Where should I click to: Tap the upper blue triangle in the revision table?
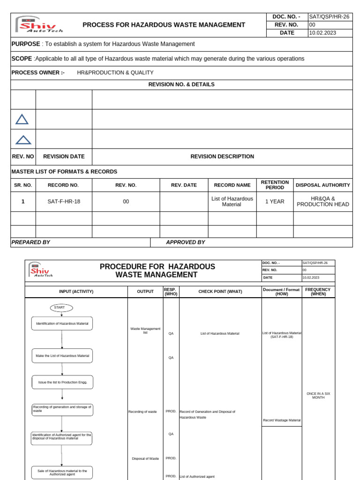pyautogui.click(x=22, y=120)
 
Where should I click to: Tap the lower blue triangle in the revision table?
pyautogui.click(x=23, y=139)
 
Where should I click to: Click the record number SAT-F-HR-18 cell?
pyautogui.click(x=64, y=202)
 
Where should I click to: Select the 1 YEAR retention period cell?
pyautogui.click(x=275, y=202)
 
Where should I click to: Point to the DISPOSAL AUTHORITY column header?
pyautogui.click(x=323, y=185)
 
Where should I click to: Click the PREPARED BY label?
pyautogui.click(x=30, y=242)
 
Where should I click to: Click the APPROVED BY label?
pyautogui.click(x=186, y=242)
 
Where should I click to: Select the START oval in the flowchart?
pyautogui.click(x=61, y=307)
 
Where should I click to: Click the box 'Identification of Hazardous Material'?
pyautogui.click(x=62, y=324)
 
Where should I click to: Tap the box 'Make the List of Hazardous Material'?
pyautogui.click(x=62, y=356)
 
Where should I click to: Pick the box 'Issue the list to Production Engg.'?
pyautogui.click(x=62, y=382)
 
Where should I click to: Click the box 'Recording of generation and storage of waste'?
pyautogui.click(x=62, y=410)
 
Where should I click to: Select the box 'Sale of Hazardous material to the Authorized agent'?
pyautogui.click(x=62, y=472)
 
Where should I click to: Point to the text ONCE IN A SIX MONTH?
pyautogui.click(x=318, y=395)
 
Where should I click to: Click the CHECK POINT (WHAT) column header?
pyautogui.click(x=220, y=292)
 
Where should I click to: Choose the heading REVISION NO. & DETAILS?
pyautogui.click(x=181, y=84)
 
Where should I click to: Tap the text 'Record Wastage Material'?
pyautogui.click(x=282, y=420)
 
